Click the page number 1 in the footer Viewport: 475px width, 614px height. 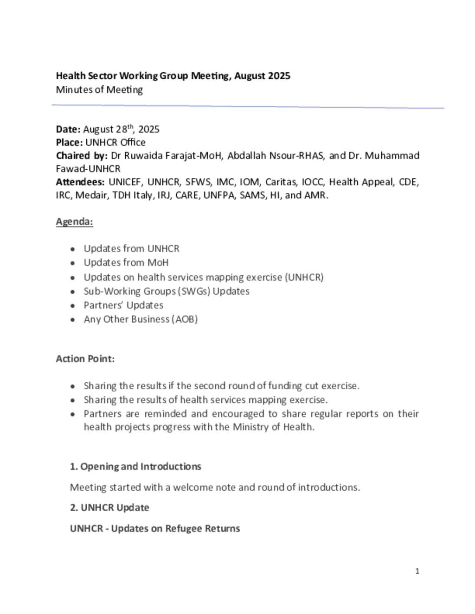point(417,571)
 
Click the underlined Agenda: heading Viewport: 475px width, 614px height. point(74,222)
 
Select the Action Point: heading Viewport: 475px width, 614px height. point(85,359)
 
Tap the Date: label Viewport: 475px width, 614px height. point(68,129)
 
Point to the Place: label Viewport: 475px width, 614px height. point(69,142)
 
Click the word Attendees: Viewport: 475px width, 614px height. point(80,182)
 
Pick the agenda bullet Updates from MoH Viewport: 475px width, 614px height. point(126,263)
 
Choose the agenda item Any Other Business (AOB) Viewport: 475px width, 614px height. point(141,319)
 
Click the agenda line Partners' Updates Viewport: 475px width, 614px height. point(123,305)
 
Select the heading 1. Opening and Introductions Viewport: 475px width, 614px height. point(135,467)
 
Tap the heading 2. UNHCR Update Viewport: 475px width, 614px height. point(109,508)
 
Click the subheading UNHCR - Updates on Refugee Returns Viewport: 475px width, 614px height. point(155,529)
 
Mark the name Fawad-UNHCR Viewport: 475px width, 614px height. point(88,169)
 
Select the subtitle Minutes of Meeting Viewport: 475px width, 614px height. point(99,90)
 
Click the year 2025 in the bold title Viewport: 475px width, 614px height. point(278,76)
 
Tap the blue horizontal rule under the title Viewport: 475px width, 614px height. point(248,107)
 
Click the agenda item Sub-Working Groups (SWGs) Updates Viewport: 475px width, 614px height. point(167,291)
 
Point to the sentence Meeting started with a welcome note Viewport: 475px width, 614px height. point(215,487)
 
